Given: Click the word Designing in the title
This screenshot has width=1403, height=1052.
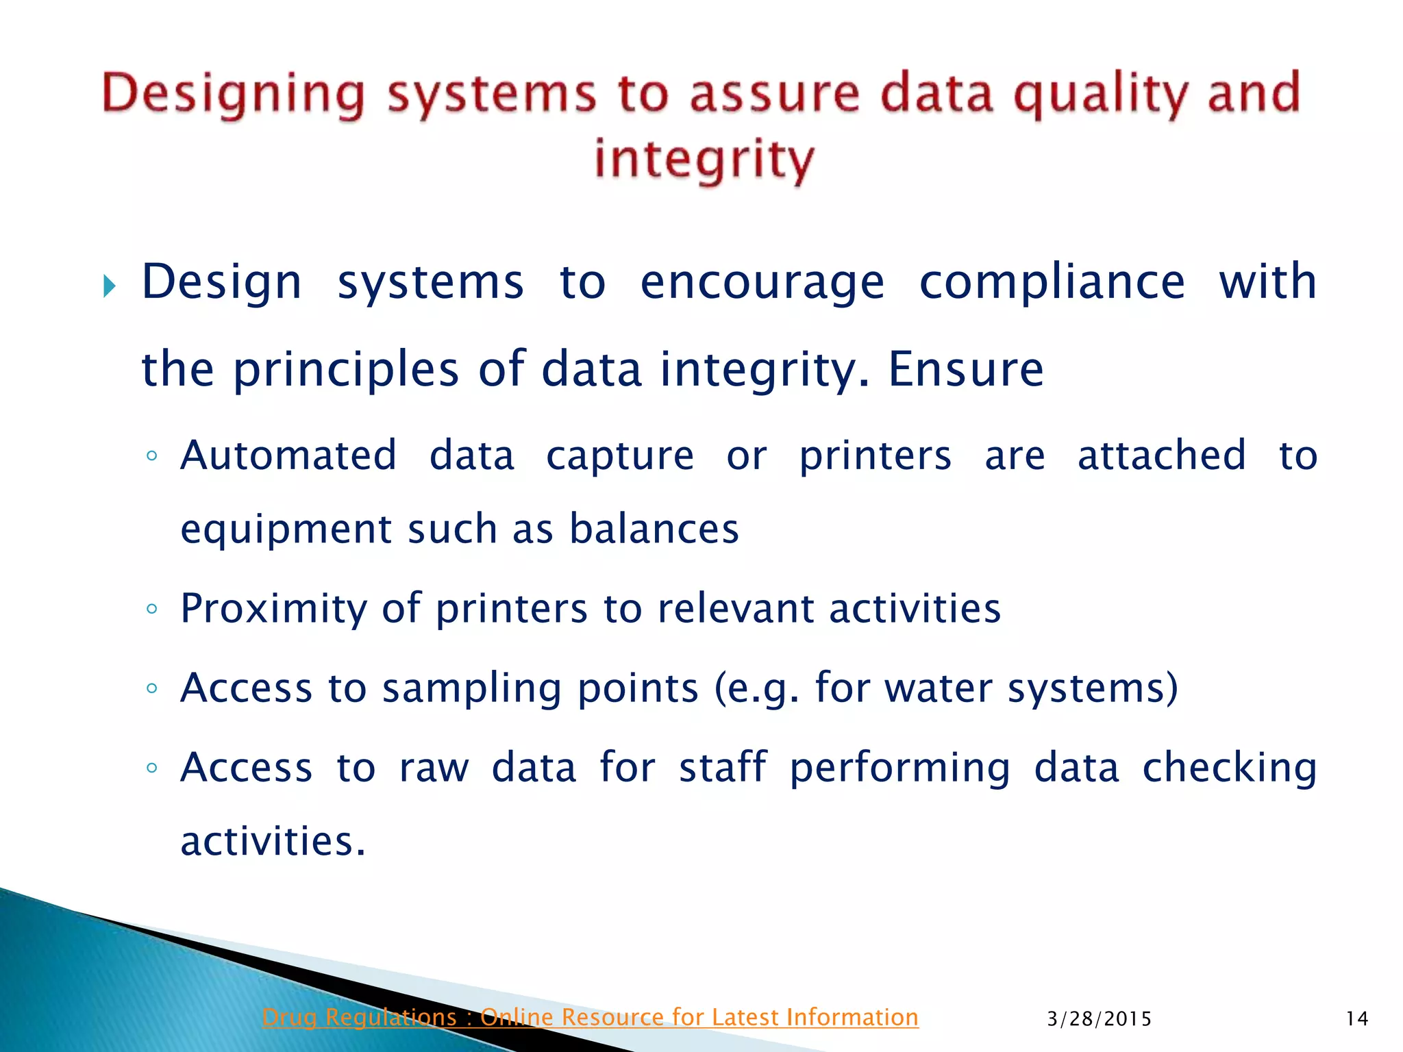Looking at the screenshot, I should pos(234,95).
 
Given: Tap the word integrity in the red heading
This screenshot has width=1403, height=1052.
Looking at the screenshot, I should pos(704,160).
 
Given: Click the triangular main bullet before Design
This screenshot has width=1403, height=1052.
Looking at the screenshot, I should pos(110,286).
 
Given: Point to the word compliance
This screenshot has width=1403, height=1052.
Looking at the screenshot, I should pos(1052,282).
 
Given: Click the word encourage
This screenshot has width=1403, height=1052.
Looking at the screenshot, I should pos(762,282).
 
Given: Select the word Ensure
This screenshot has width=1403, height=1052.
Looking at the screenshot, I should pos(965,369).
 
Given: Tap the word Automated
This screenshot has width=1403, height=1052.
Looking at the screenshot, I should pos(288,455).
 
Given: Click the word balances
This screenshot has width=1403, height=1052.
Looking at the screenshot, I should pos(654,529).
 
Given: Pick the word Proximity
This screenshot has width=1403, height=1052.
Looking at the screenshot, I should pos(273,609).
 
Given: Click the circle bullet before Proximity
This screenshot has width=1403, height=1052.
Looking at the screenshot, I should pos(152,609).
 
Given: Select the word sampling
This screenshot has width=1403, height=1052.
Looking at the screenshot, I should pos(471,688).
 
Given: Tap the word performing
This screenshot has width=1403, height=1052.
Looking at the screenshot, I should pos(899,768).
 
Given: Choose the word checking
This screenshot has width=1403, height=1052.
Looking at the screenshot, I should pos(1229,768).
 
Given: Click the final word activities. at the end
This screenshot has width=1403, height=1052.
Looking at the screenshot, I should pos(273,842).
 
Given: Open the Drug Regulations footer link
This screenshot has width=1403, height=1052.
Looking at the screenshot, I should pos(590,1018).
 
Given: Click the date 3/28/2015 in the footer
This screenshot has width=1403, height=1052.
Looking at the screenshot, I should pos(1099,1019).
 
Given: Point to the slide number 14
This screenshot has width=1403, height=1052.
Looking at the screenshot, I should pos(1356,1019).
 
